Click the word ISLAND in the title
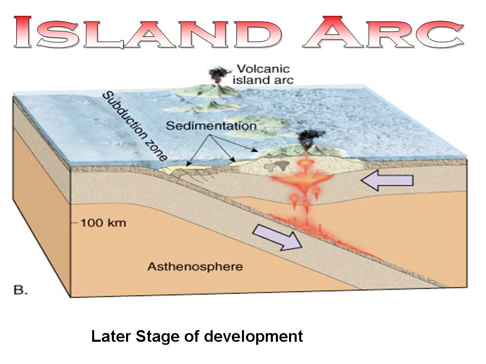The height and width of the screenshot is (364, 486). [148, 32]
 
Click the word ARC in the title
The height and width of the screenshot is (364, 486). [383, 32]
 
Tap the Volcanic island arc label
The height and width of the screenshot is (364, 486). [263, 74]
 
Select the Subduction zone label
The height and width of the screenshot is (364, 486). [135, 126]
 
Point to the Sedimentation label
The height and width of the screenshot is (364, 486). [212, 126]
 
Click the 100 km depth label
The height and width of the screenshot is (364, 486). [103, 223]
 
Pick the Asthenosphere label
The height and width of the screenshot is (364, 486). [195, 266]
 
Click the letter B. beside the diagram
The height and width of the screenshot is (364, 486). [21, 290]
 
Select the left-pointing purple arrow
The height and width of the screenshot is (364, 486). [387, 180]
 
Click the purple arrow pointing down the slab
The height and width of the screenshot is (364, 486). [277, 237]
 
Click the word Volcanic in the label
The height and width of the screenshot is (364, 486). [263, 69]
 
